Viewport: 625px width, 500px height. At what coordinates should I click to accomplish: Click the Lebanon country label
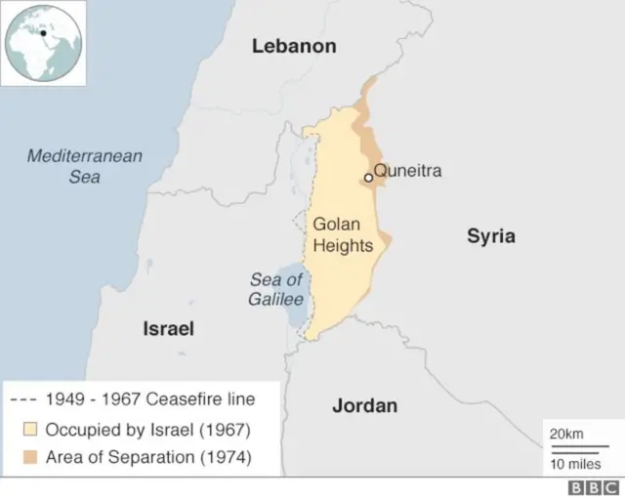294,46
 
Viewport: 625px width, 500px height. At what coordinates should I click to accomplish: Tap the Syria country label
490,236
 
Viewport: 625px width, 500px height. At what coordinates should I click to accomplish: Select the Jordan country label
364,405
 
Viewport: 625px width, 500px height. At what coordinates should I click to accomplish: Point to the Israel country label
169,329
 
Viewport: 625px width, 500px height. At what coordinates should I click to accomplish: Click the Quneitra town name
408,171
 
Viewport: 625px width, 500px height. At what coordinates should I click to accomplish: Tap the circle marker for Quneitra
368,178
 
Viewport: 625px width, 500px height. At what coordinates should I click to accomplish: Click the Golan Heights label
343,235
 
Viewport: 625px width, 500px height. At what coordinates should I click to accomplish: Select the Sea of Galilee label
276,290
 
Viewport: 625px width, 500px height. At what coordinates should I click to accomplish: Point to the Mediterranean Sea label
85,166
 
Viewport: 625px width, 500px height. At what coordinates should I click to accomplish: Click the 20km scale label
567,434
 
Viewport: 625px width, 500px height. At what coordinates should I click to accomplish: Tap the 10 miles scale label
575,463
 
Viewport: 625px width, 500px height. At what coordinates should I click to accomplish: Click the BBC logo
594,487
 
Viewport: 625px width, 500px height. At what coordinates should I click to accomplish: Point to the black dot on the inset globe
43,32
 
